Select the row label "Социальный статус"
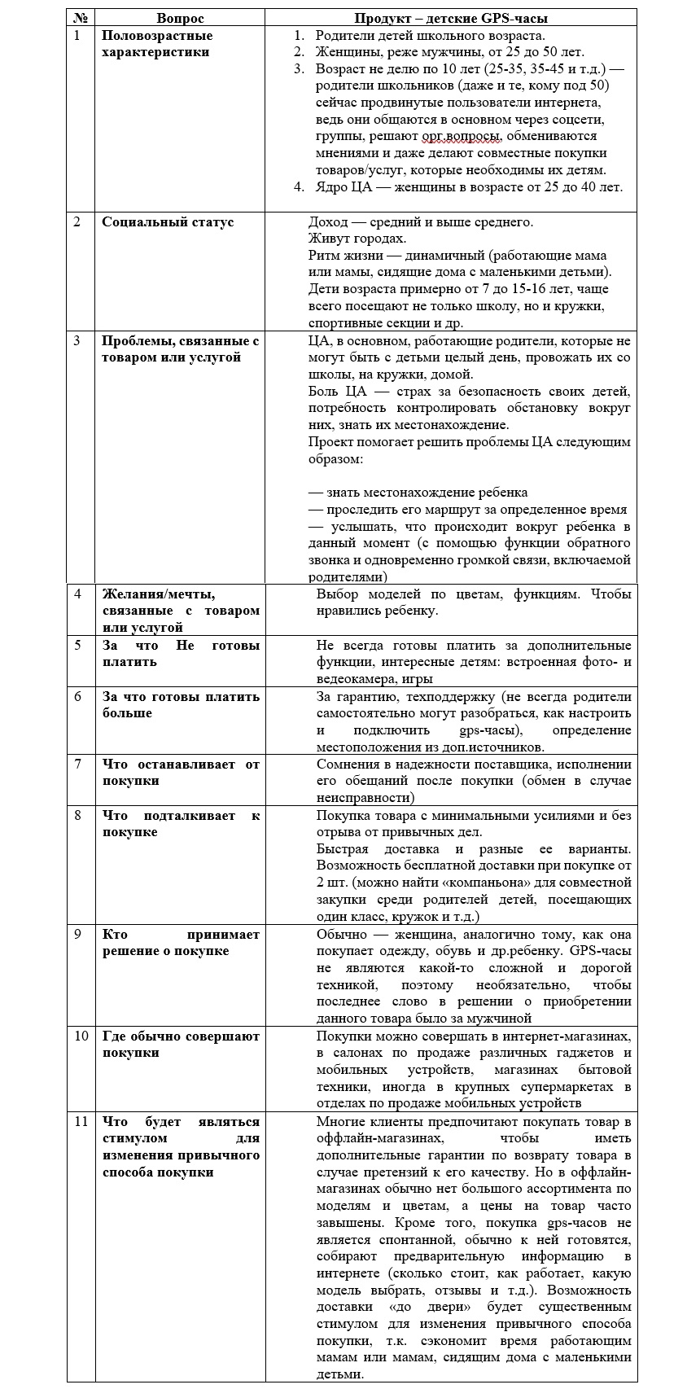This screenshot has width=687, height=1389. pyautogui.click(x=168, y=222)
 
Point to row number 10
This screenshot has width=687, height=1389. pyautogui.click(x=81, y=1036)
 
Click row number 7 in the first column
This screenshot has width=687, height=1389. pyautogui.click(x=78, y=764)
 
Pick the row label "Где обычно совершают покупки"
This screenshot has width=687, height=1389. pyautogui.click(x=181, y=1045)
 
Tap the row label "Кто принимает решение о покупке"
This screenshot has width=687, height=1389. pyautogui.click(x=181, y=943)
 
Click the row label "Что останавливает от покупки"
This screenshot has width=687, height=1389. pyautogui.click(x=181, y=772)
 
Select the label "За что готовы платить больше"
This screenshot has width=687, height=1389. pyautogui.click(x=181, y=704)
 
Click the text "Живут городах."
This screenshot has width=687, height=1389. pyautogui.click(x=356, y=239)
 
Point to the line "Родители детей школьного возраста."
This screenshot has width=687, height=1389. pyautogui.click(x=430, y=36)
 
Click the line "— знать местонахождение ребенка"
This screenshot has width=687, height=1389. pyautogui.click(x=418, y=493)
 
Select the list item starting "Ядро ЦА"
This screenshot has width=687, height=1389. pyautogui.click(x=469, y=187)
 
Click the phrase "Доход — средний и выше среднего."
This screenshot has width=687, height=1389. pyautogui.click(x=420, y=222)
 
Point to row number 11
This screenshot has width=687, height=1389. pyautogui.click(x=81, y=1121)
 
